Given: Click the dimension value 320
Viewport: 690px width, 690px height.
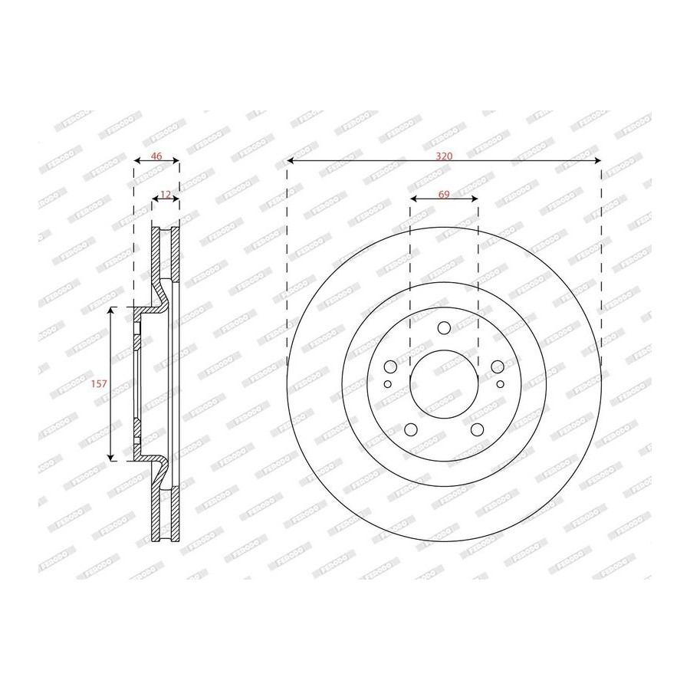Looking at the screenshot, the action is [444, 156].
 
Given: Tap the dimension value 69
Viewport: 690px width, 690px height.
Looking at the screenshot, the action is [444, 194].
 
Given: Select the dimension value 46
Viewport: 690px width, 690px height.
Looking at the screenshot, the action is [156, 156].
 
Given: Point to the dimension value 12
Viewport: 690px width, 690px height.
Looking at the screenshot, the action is [166, 194].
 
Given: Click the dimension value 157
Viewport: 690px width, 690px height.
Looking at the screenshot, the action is [99, 384].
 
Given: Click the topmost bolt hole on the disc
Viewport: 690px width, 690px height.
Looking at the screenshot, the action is [444, 328].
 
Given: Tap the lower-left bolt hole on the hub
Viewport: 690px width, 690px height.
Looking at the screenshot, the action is [411, 429].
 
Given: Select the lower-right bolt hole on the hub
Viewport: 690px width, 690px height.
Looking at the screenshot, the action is [477, 429].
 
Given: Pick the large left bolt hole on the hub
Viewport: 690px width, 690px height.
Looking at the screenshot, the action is [390, 366].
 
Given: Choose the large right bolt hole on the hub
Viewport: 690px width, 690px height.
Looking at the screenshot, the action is [498, 366].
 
